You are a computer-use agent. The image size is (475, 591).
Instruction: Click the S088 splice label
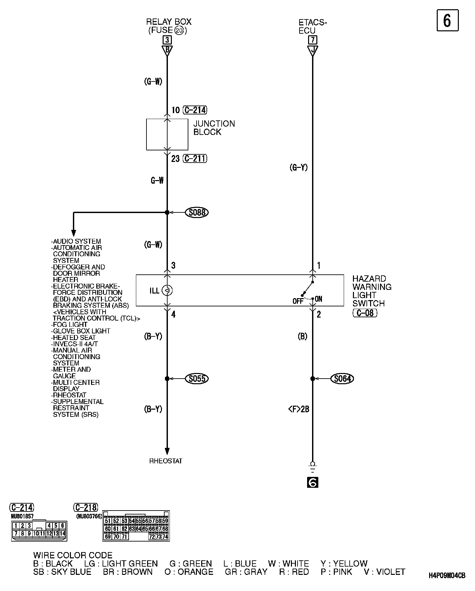point(197,212)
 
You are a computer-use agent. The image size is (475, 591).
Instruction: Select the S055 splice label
point(197,379)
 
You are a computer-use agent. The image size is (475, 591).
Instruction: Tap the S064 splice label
point(342,379)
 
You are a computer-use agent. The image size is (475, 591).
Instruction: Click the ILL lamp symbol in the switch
point(167,291)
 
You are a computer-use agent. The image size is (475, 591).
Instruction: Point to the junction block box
point(167,135)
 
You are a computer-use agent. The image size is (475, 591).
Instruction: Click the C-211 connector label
point(195,159)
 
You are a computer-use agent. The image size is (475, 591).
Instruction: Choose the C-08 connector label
point(365,313)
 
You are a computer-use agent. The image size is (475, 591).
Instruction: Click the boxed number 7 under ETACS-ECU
point(312,40)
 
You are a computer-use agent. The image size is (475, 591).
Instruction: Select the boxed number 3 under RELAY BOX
point(167,40)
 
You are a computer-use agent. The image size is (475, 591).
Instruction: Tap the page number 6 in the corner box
point(447,20)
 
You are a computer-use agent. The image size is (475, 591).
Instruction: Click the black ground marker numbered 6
point(312,482)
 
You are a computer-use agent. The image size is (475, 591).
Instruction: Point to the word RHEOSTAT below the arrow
point(166,461)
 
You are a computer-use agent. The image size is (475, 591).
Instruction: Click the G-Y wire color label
point(299,168)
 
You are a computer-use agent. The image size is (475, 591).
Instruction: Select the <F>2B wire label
point(299,409)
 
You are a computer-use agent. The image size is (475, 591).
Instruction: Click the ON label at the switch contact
point(319,299)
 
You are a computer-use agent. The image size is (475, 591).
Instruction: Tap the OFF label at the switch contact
point(298,301)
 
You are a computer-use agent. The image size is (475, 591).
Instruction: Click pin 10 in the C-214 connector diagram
point(36,533)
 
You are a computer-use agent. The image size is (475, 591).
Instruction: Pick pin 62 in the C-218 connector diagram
point(124,529)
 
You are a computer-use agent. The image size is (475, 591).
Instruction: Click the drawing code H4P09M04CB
point(447,585)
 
